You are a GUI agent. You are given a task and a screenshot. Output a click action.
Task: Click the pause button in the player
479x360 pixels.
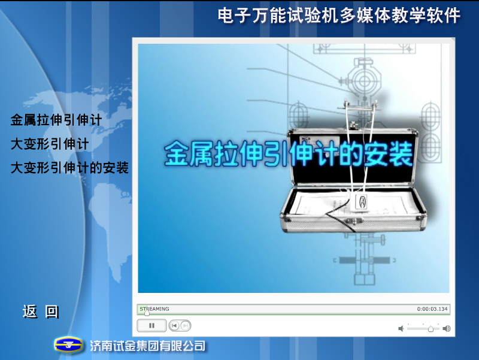[x=151, y=325]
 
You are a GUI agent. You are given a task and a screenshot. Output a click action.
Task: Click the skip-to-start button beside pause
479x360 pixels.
[x=174, y=326]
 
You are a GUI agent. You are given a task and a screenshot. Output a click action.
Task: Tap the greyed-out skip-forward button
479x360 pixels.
[x=185, y=326]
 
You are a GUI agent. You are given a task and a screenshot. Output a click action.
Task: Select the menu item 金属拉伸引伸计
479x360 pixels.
[x=56, y=120]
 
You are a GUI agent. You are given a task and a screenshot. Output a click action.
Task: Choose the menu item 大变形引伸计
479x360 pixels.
[x=50, y=144]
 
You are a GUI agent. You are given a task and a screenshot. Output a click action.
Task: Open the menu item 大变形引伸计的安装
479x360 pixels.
[x=69, y=168]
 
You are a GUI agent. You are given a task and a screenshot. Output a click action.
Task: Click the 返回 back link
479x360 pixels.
[x=41, y=311]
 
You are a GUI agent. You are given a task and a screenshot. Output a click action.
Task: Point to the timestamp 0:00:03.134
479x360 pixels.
[x=432, y=309]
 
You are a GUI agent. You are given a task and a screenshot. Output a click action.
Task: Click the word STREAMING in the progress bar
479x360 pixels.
[x=154, y=309]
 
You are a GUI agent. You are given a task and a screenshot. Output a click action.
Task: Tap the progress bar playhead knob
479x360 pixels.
[x=147, y=313]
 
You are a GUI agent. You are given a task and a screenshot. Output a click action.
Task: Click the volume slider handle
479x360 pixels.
[x=431, y=329]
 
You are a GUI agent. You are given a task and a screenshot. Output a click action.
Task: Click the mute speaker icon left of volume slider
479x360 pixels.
[x=401, y=328]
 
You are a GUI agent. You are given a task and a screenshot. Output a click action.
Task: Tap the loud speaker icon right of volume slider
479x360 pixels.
[x=447, y=328]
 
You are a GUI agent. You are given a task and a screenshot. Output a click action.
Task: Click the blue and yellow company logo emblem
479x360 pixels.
[x=68, y=345]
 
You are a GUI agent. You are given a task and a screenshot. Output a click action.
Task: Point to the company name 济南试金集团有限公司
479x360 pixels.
[x=147, y=346]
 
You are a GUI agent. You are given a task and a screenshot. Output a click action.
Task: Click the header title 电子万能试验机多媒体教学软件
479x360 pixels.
[x=339, y=16]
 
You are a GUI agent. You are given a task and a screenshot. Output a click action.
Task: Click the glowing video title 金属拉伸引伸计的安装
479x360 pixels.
[x=289, y=153]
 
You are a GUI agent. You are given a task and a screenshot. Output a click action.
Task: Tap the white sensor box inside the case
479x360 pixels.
[x=361, y=202]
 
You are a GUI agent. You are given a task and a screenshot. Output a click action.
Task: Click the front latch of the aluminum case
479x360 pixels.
[x=353, y=220]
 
